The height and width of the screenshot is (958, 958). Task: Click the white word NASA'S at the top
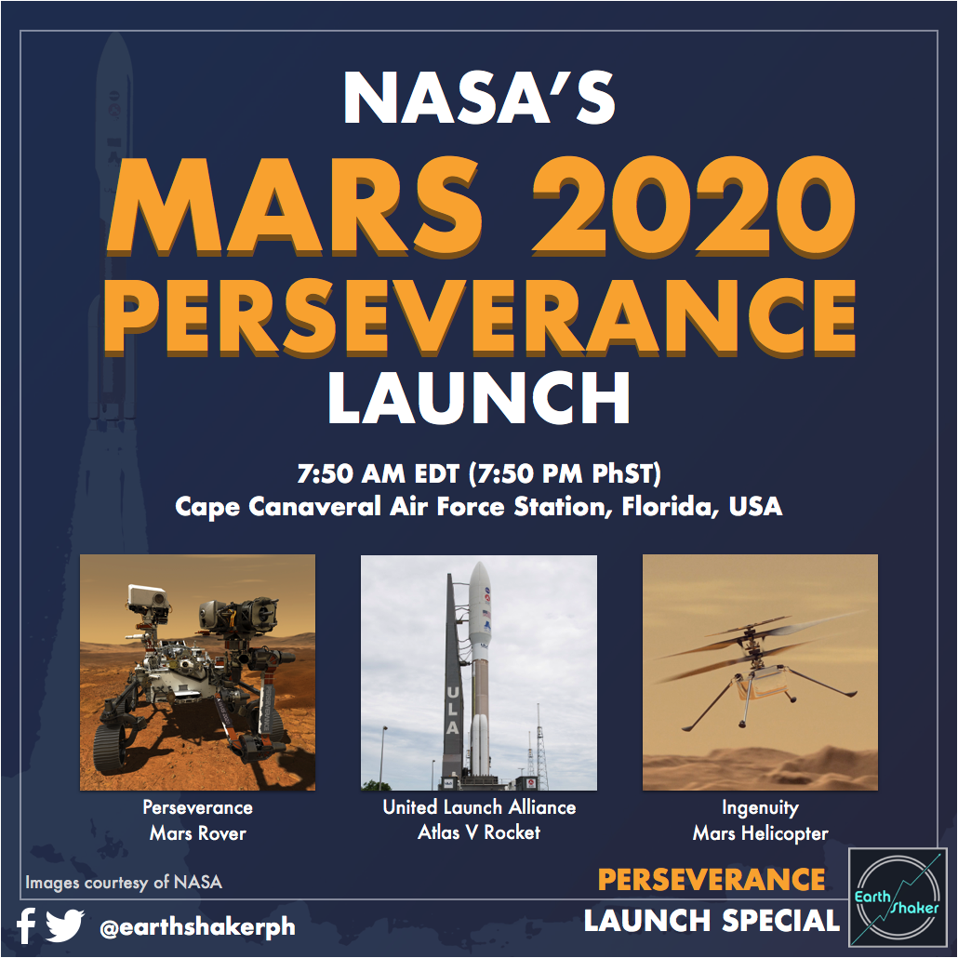coord(479,99)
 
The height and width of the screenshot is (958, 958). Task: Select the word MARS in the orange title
coord(284,206)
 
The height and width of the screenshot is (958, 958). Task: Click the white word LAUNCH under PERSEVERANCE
coord(479,398)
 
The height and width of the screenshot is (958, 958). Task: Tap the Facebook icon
coord(26,925)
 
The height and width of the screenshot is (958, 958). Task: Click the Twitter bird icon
coord(65,925)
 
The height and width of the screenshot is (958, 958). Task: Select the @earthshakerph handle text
coord(183,926)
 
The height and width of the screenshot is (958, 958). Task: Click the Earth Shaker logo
coord(898,898)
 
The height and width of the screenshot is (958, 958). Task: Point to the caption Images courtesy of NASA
coord(124,882)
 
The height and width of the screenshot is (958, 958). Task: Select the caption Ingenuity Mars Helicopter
coord(760,820)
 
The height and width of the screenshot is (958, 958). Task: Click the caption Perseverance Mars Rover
coord(197,820)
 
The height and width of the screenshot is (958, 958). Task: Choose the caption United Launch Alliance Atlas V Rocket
coord(479,820)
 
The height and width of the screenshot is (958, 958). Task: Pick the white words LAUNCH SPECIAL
coord(712,921)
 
